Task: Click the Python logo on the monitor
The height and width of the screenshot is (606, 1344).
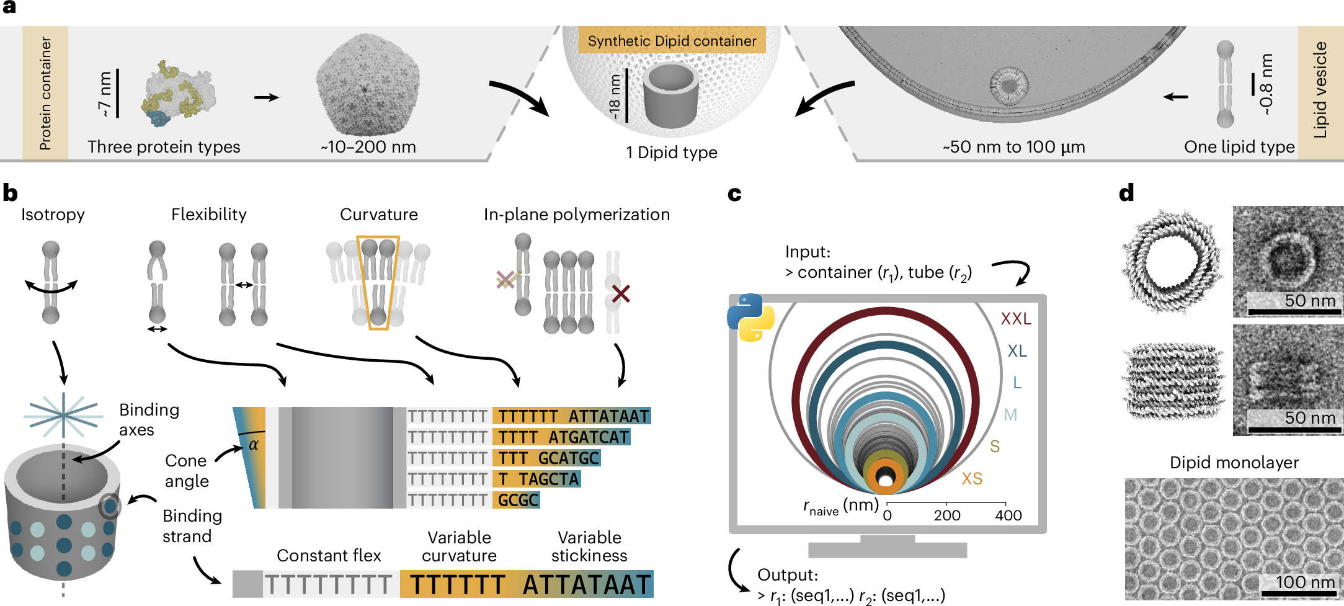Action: tap(750, 318)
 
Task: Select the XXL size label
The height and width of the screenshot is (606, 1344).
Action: tap(1015, 319)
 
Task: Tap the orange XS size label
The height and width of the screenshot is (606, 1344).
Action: tap(971, 479)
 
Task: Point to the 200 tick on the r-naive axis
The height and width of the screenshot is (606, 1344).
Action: tap(946, 514)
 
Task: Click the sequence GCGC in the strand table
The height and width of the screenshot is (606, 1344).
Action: tap(517, 500)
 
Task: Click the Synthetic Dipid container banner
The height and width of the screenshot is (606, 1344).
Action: tap(672, 41)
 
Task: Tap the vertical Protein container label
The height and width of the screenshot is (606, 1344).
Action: tap(45, 93)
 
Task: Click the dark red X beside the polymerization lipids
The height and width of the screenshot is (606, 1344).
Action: tap(620, 293)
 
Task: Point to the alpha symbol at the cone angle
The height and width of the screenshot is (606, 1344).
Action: tap(253, 445)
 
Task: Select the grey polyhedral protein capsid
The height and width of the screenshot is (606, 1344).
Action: tap(367, 84)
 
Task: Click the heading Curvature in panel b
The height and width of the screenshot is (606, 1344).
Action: tap(378, 215)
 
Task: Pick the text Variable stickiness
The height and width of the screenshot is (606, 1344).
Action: tap(589, 546)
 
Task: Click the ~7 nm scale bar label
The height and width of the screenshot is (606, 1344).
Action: tap(104, 94)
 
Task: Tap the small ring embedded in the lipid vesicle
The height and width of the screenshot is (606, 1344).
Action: tap(1008, 86)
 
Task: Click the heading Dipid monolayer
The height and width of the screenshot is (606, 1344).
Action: tap(1234, 463)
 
